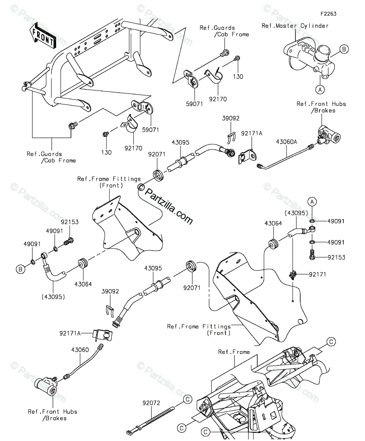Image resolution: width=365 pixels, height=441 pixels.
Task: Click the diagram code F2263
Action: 328,14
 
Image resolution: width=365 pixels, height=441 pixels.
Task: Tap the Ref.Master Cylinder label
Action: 295,26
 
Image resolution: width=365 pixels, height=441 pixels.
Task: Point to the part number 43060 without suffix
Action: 80,350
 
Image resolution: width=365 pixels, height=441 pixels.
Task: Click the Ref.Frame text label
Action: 234,352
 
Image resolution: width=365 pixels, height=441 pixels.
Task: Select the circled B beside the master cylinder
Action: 344,49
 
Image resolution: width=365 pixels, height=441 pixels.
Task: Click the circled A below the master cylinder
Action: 320,89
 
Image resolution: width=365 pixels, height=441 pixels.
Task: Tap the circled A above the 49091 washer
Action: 312,201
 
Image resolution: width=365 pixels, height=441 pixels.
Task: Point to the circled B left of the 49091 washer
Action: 21,270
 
